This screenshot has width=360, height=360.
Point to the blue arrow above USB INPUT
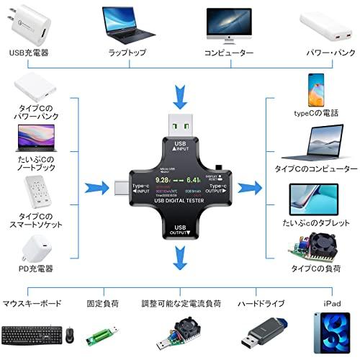pos(180,113)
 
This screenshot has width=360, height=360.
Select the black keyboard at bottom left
pos(30,335)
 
